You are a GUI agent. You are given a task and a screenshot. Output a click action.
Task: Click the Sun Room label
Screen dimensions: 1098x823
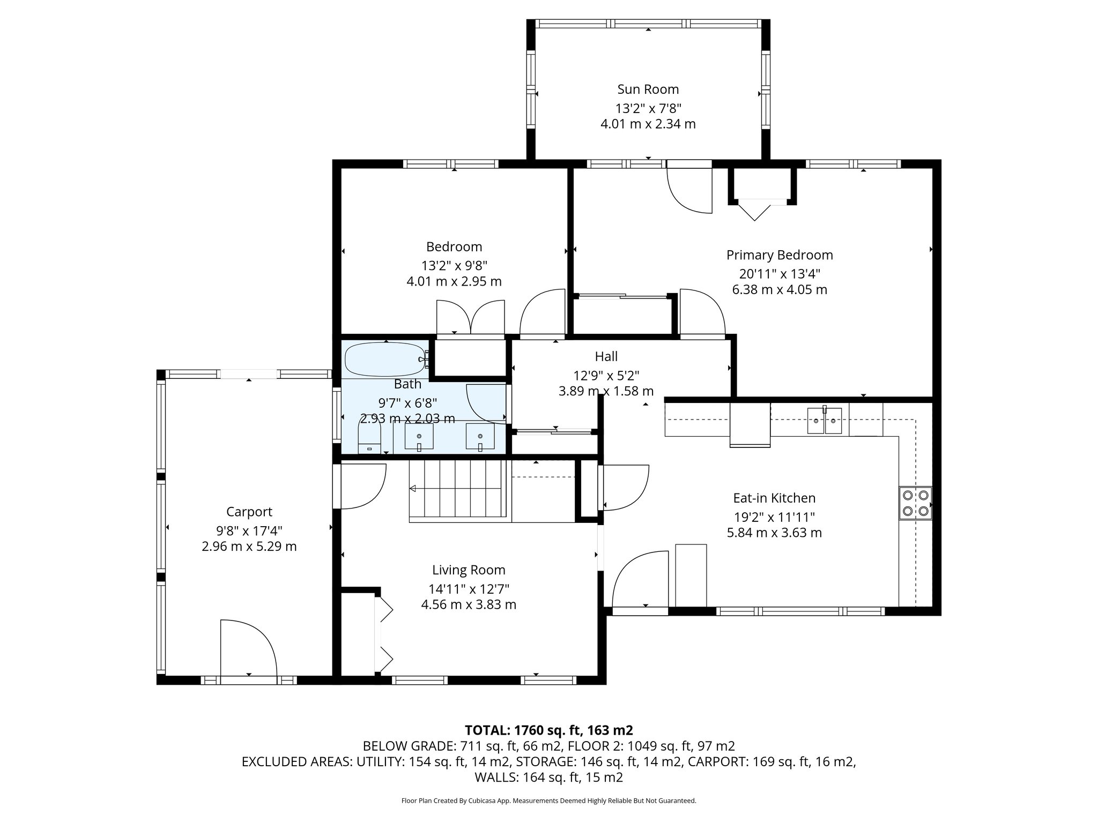[648, 89]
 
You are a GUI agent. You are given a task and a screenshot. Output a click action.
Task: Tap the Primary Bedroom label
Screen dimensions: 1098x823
[780, 255]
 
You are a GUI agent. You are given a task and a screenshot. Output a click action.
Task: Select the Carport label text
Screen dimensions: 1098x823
[249, 512]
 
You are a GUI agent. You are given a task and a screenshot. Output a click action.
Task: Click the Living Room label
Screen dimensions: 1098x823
[469, 570]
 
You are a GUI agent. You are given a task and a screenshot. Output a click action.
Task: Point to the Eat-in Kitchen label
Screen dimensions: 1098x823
[774, 498]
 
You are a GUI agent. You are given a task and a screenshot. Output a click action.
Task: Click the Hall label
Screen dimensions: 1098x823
[606, 356]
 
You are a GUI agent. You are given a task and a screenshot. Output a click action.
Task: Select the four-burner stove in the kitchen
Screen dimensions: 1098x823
[916, 503]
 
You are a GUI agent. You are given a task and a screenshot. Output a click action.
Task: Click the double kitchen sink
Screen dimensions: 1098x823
[825, 420]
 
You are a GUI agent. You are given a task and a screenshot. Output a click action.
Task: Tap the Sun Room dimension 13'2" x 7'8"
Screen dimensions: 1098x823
[648, 108]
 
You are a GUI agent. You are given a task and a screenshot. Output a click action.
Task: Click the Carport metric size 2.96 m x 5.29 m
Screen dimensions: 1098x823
[249, 547]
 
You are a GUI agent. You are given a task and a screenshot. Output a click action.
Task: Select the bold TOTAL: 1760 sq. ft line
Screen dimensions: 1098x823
[549, 730]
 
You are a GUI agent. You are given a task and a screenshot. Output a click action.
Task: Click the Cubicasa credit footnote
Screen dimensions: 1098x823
[549, 800]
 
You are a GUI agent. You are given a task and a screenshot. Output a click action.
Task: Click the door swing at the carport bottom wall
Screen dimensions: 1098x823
[248, 648]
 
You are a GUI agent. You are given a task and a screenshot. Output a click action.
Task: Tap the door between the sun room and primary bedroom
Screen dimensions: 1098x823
[689, 191]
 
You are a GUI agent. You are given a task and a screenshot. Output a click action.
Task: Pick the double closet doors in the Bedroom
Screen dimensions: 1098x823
[471, 317]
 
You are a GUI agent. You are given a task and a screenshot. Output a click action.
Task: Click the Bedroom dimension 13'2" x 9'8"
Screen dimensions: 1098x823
[454, 266]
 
